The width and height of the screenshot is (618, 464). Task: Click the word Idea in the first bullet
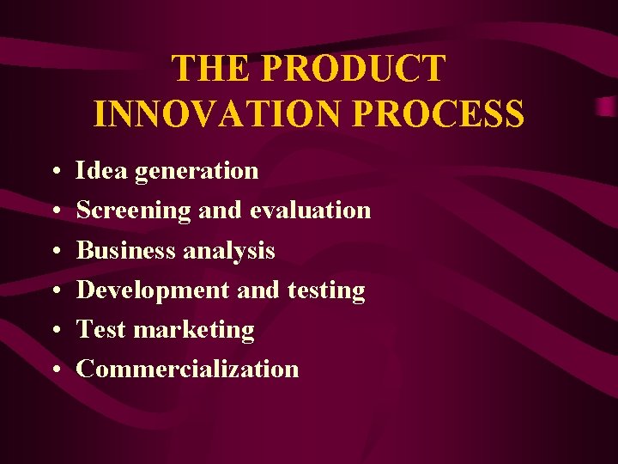[x=100, y=170]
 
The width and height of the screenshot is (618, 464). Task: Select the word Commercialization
[x=188, y=369]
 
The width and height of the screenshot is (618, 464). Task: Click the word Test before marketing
[x=102, y=330]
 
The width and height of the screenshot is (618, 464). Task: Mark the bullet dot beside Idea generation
[x=54, y=172]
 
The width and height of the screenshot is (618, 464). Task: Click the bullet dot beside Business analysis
[x=54, y=252]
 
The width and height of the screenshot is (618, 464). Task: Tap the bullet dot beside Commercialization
[x=54, y=370]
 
